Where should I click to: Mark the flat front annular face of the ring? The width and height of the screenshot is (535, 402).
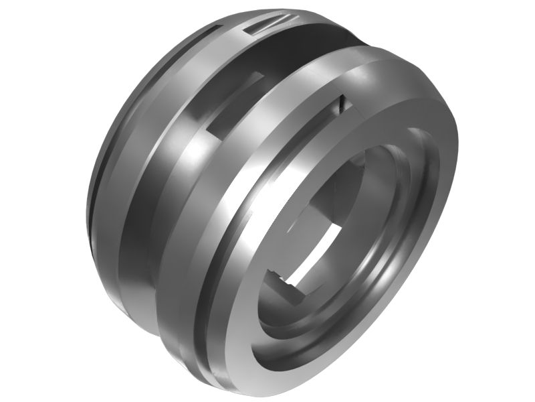click(428, 221)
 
